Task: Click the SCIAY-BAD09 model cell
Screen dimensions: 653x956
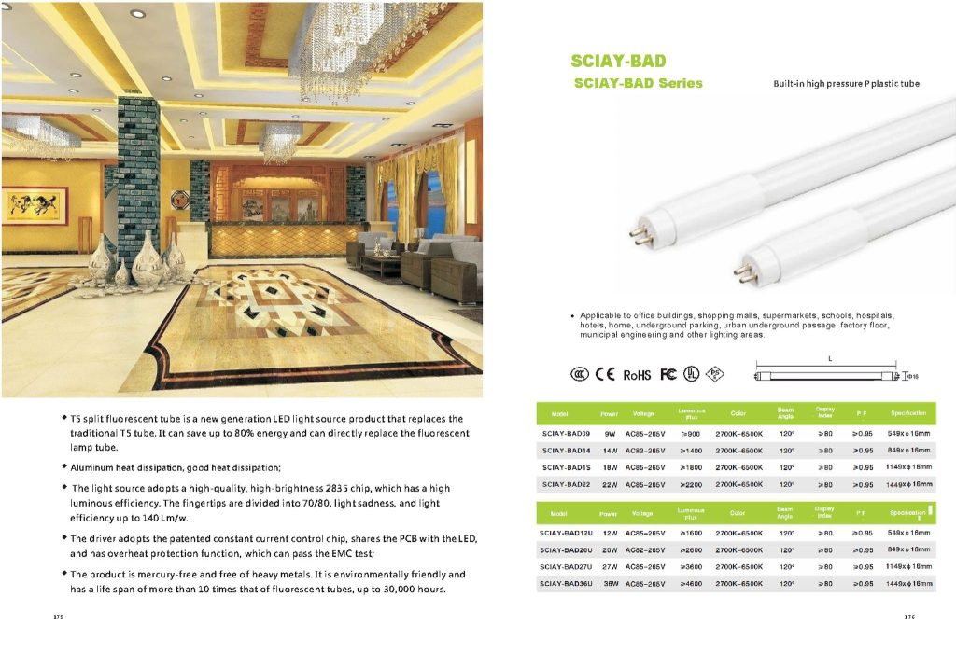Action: [566, 434]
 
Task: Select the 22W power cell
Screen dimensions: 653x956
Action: [609, 484]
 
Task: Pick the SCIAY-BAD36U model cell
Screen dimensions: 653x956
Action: [568, 584]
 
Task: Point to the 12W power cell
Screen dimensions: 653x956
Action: [609, 534]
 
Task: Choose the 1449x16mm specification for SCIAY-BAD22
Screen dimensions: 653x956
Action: [910, 484]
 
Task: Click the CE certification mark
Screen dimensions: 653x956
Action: [605, 375]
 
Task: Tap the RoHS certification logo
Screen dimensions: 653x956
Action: [637, 375]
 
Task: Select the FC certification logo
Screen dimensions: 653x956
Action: [668, 375]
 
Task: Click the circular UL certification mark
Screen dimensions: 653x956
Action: [692, 375]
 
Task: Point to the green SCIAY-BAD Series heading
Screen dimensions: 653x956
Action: [637, 83]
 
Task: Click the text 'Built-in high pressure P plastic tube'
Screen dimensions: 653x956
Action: [846, 84]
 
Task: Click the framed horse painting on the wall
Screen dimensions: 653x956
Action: [35, 205]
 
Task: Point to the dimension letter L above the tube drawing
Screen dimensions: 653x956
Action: [829, 359]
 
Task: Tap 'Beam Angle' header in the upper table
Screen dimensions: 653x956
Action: [786, 412]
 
